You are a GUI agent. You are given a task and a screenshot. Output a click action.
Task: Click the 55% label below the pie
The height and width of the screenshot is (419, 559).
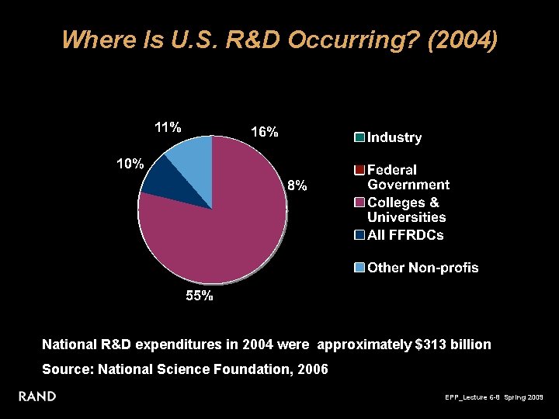pyautogui.click(x=199, y=296)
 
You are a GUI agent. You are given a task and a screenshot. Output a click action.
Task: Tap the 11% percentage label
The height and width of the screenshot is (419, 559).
pyautogui.click(x=168, y=127)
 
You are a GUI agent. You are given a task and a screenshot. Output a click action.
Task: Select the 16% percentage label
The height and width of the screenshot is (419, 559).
pyautogui.click(x=264, y=132)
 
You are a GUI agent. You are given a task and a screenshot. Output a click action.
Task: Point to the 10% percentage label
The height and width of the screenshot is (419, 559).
pyautogui.click(x=130, y=164)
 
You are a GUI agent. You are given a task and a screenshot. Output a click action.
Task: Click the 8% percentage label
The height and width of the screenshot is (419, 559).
pyautogui.click(x=297, y=185)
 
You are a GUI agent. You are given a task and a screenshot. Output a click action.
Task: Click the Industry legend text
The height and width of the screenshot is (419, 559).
pyautogui.click(x=394, y=138)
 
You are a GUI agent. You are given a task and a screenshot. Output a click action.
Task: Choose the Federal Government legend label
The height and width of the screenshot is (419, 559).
pyautogui.click(x=408, y=177)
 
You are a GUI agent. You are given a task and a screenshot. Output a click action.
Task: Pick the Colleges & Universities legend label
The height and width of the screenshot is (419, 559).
pyautogui.click(x=406, y=209)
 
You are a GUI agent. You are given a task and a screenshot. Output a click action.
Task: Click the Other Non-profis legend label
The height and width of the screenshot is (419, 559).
pyautogui.click(x=422, y=268)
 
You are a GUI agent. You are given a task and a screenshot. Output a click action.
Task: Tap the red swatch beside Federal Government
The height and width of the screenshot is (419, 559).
pyautogui.click(x=359, y=170)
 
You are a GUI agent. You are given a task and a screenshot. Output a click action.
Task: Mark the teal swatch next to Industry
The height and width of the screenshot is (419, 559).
pyautogui.click(x=359, y=138)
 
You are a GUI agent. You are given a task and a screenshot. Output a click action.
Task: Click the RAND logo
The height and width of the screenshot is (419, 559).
pyautogui.click(x=37, y=396)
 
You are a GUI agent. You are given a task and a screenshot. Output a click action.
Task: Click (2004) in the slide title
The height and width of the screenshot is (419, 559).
pyautogui.click(x=463, y=40)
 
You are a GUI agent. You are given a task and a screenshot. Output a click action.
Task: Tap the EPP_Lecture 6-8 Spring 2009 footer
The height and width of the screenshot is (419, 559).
pyautogui.click(x=495, y=397)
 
